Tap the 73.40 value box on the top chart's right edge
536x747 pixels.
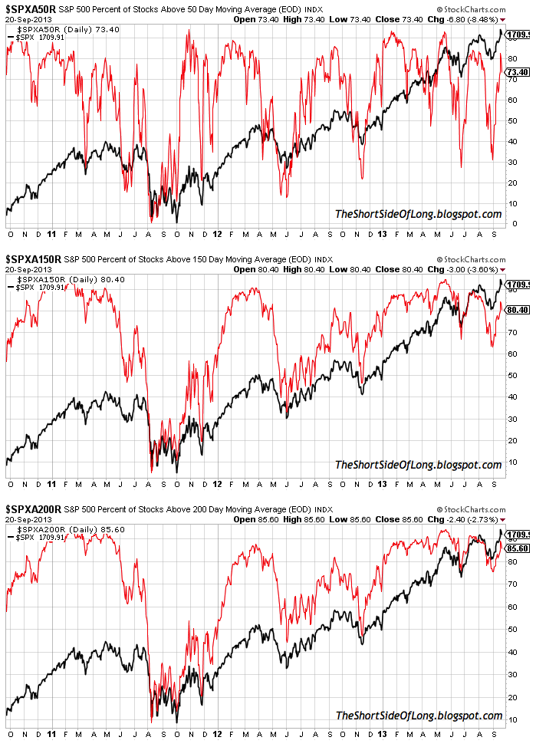518,72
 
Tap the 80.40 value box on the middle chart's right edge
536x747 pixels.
518,311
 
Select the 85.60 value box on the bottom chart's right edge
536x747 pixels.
518,548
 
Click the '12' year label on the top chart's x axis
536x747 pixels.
217,233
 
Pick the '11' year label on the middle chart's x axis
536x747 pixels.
51,485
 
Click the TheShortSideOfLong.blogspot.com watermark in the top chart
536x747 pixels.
418,214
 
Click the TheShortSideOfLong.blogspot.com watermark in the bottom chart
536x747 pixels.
418,716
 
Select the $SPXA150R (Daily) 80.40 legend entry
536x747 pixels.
58,280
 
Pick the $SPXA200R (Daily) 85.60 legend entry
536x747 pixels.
58,530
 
